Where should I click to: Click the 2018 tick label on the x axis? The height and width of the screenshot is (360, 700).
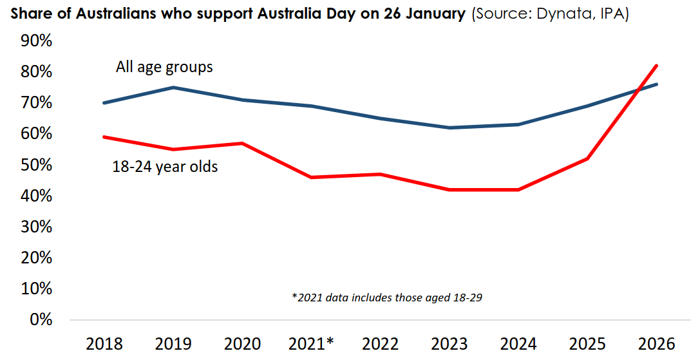(x=104, y=343)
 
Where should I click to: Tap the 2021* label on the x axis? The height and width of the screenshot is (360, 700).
(x=312, y=343)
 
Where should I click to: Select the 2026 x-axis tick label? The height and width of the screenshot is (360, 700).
(x=657, y=343)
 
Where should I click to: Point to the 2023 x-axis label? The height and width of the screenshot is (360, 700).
(x=449, y=343)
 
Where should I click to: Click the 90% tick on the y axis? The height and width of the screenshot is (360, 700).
(x=36, y=41)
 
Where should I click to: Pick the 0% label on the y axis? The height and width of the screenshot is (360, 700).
(x=40, y=319)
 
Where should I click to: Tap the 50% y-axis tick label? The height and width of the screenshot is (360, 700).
(x=36, y=165)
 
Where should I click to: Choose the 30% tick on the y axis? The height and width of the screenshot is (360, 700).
(x=36, y=227)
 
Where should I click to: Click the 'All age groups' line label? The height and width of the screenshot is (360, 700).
(x=164, y=67)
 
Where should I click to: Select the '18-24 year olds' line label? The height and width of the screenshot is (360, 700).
(x=165, y=167)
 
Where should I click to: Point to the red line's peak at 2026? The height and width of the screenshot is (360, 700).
(x=656, y=65)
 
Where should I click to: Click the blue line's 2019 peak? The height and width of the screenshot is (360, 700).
(x=173, y=87)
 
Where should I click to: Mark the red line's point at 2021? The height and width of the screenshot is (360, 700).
(x=311, y=177)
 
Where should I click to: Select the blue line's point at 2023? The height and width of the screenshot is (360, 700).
(x=449, y=128)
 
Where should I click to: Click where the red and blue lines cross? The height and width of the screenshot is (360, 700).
(x=636, y=91)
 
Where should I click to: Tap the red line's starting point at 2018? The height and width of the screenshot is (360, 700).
(x=104, y=137)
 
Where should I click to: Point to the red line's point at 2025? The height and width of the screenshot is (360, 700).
(x=587, y=158)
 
